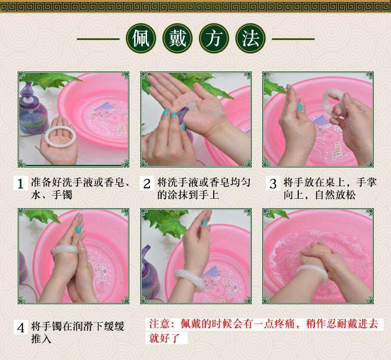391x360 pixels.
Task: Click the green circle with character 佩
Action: (141, 39)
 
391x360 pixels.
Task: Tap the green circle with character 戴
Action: (178, 39)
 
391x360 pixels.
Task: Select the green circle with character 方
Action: (214, 39)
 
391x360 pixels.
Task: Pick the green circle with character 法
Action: (250, 39)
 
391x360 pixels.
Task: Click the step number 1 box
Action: (20, 184)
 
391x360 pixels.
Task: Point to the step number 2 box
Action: (146, 184)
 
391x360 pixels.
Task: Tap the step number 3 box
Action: (273, 184)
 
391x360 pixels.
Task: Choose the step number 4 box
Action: (20, 327)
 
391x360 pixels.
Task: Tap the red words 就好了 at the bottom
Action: (165, 338)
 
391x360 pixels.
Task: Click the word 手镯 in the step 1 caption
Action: (62, 195)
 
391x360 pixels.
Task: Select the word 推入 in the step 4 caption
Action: (41, 339)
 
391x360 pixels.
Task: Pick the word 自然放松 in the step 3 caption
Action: (335, 195)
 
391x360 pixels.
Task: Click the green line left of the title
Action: (98, 39)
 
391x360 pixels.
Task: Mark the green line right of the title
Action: (293, 39)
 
